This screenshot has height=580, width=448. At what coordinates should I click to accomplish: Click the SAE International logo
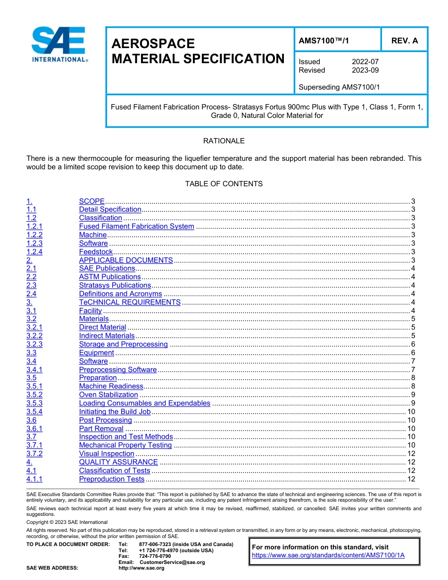click(59, 45)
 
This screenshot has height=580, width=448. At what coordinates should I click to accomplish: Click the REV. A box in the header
click(404, 41)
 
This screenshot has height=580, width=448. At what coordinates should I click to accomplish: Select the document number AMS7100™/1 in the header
click(324, 41)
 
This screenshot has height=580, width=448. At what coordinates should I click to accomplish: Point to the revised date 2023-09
click(365, 70)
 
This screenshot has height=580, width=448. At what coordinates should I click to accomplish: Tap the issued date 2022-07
click(365, 62)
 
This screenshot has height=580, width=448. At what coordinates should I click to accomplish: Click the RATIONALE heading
click(224, 141)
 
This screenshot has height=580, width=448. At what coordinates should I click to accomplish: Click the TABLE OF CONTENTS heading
click(224, 184)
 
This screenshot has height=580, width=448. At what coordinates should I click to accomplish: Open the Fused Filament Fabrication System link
click(136, 226)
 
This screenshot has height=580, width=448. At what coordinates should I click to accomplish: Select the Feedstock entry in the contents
click(96, 252)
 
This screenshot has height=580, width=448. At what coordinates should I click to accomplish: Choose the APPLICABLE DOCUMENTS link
click(126, 260)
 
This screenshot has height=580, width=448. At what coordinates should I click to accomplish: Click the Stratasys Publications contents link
click(115, 285)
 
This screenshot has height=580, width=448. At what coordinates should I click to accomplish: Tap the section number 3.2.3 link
click(34, 344)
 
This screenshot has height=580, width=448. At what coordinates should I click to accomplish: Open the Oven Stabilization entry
click(108, 395)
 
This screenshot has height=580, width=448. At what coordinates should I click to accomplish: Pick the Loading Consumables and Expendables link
click(144, 403)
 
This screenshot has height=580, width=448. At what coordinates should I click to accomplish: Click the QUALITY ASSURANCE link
click(118, 462)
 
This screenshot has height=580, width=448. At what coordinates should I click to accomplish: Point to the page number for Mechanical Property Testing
click(411, 445)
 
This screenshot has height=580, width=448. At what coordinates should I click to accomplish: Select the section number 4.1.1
click(34, 479)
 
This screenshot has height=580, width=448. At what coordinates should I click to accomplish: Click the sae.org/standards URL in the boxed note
click(328, 555)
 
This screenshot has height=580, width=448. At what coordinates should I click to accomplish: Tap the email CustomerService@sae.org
click(172, 562)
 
